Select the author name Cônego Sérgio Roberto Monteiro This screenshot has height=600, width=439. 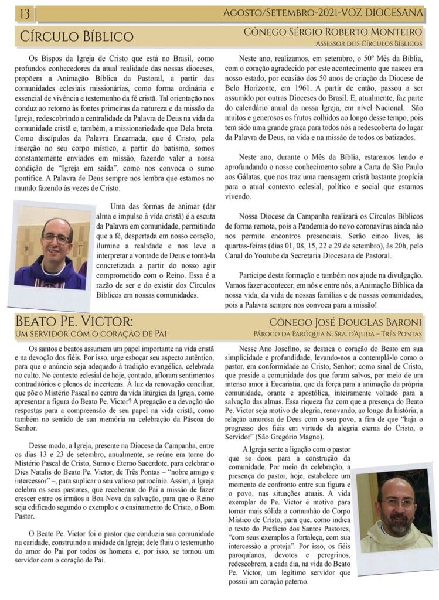(x=332, y=31)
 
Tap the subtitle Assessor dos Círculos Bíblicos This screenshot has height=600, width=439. (x=369, y=43)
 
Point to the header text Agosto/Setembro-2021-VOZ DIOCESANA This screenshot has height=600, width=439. (x=324, y=12)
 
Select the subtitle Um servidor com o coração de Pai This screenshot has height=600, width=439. (x=91, y=334)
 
